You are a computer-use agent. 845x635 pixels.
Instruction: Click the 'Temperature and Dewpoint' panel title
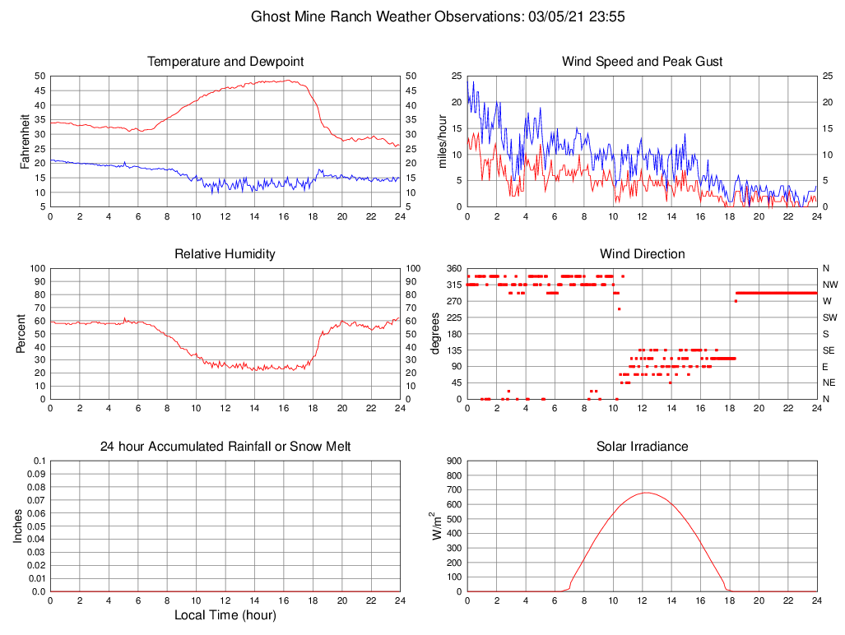[225, 62]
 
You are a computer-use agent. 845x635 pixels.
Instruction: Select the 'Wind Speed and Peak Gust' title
[642, 62]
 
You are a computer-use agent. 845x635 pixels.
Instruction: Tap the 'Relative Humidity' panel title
[225, 254]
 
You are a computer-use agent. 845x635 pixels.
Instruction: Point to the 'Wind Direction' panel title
[642, 254]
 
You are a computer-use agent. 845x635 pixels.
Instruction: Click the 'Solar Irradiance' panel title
[642, 447]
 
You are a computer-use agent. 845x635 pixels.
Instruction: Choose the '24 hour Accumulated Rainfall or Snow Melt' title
[225, 447]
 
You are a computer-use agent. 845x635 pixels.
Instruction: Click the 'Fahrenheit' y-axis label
[25, 141]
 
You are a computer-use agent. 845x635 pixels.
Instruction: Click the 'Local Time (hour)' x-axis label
[225, 615]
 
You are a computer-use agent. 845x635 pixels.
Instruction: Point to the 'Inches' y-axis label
[18, 526]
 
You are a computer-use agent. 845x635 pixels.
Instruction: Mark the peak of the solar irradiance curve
[646, 493]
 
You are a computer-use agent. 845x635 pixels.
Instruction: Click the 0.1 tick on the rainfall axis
[39, 461]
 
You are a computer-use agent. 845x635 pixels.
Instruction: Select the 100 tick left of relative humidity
[35, 268]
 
